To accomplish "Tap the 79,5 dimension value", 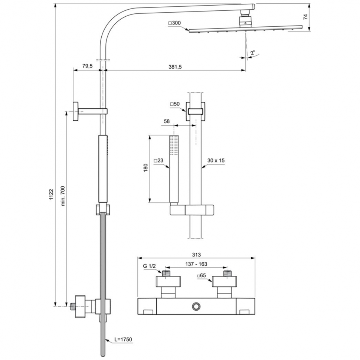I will pos(87,66).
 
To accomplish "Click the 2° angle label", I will pos(253,53).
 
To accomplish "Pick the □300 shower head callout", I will pos(174,23).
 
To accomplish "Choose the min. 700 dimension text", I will pos(63,196).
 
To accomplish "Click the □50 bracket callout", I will pos(174,104).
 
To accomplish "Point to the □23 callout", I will pos(158,161).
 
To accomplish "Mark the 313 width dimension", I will pos(196,255).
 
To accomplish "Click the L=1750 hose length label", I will pos(123,339).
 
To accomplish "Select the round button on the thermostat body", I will pos(196,307).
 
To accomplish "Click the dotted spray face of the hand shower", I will pos(174,145).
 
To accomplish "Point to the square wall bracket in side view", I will pos(75,111).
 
